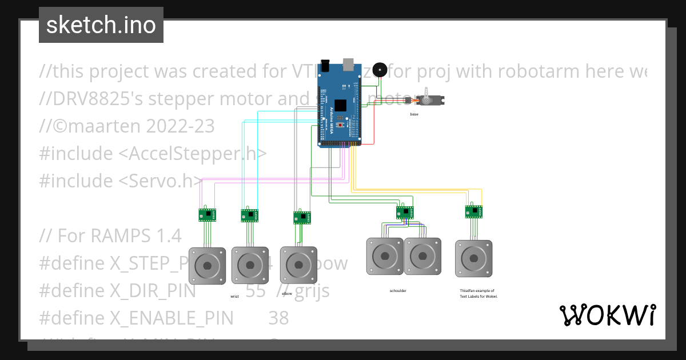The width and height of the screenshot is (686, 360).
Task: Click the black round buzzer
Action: tap(379, 70)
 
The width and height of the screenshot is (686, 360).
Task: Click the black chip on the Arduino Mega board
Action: tap(341, 105)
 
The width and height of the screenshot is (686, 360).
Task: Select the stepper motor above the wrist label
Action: tap(249, 265)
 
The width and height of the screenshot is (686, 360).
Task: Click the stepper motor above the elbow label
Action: tap(298, 265)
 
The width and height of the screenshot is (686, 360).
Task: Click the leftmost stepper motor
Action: tap(207, 265)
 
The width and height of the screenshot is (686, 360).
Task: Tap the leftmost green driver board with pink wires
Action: tap(207, 215)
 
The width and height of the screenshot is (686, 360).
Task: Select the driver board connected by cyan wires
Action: tap(249, 215)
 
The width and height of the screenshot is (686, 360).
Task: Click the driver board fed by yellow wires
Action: tap(473, 212)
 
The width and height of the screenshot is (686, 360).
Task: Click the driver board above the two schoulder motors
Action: tap(405, 212)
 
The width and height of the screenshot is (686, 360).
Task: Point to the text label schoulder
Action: tap(398, 291)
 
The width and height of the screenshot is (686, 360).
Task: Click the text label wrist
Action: tap(234, 297)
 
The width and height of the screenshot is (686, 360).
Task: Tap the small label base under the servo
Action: tap(414, 114)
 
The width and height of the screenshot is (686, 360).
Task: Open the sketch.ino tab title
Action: tap(101, 25)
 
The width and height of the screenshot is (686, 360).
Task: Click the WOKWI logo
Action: tap(607, 315)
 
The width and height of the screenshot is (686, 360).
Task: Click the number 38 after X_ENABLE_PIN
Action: tap(278, 318)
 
